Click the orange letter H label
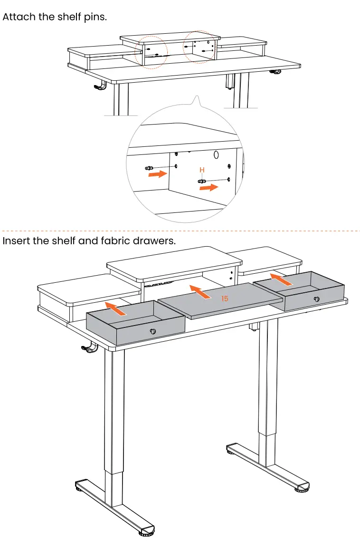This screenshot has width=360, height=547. (202, 170)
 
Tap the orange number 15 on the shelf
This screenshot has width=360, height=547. (225, 299)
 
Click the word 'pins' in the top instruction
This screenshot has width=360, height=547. (96, 17)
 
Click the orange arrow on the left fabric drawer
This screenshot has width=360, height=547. (116, 308)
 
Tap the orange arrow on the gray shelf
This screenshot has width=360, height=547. (201, 292)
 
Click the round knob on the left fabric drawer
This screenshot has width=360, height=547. (152, 332)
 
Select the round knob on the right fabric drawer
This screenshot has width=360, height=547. (317, 299)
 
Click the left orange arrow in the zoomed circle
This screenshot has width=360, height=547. (157, 174)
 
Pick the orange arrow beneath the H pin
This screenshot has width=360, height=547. (208, 188)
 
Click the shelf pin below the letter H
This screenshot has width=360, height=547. (202, 181)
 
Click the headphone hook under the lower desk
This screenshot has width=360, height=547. (89, 348)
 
